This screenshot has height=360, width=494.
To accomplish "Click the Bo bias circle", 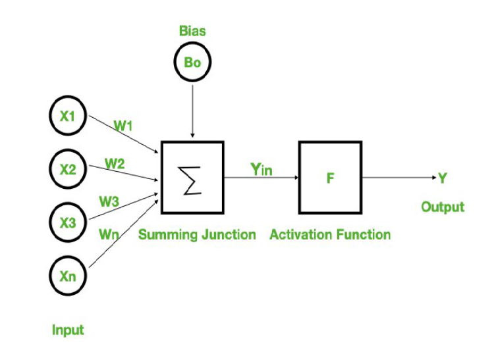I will [192, 63].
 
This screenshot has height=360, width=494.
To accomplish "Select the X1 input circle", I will [68, 116].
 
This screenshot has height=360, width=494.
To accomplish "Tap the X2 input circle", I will [68, 169].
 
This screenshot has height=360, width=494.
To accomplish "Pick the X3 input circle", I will [68, 222].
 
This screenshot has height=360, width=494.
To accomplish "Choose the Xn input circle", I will [68, 276].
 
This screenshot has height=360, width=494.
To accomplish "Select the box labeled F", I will [329, 178].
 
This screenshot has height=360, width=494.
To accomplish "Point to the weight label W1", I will [123, 125].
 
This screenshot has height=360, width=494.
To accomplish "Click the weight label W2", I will [115, 164].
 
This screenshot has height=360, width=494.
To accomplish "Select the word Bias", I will [192, 31].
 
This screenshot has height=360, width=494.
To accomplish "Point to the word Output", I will [443, 207].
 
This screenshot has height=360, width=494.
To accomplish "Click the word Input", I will [68, 330].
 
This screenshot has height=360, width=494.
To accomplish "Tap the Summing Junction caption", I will [197, 235].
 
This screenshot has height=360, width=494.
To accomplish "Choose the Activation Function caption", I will [330, 235].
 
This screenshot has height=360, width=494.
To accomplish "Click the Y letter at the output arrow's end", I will [443, 178].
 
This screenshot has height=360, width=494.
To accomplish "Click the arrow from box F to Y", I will [398, 178].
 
